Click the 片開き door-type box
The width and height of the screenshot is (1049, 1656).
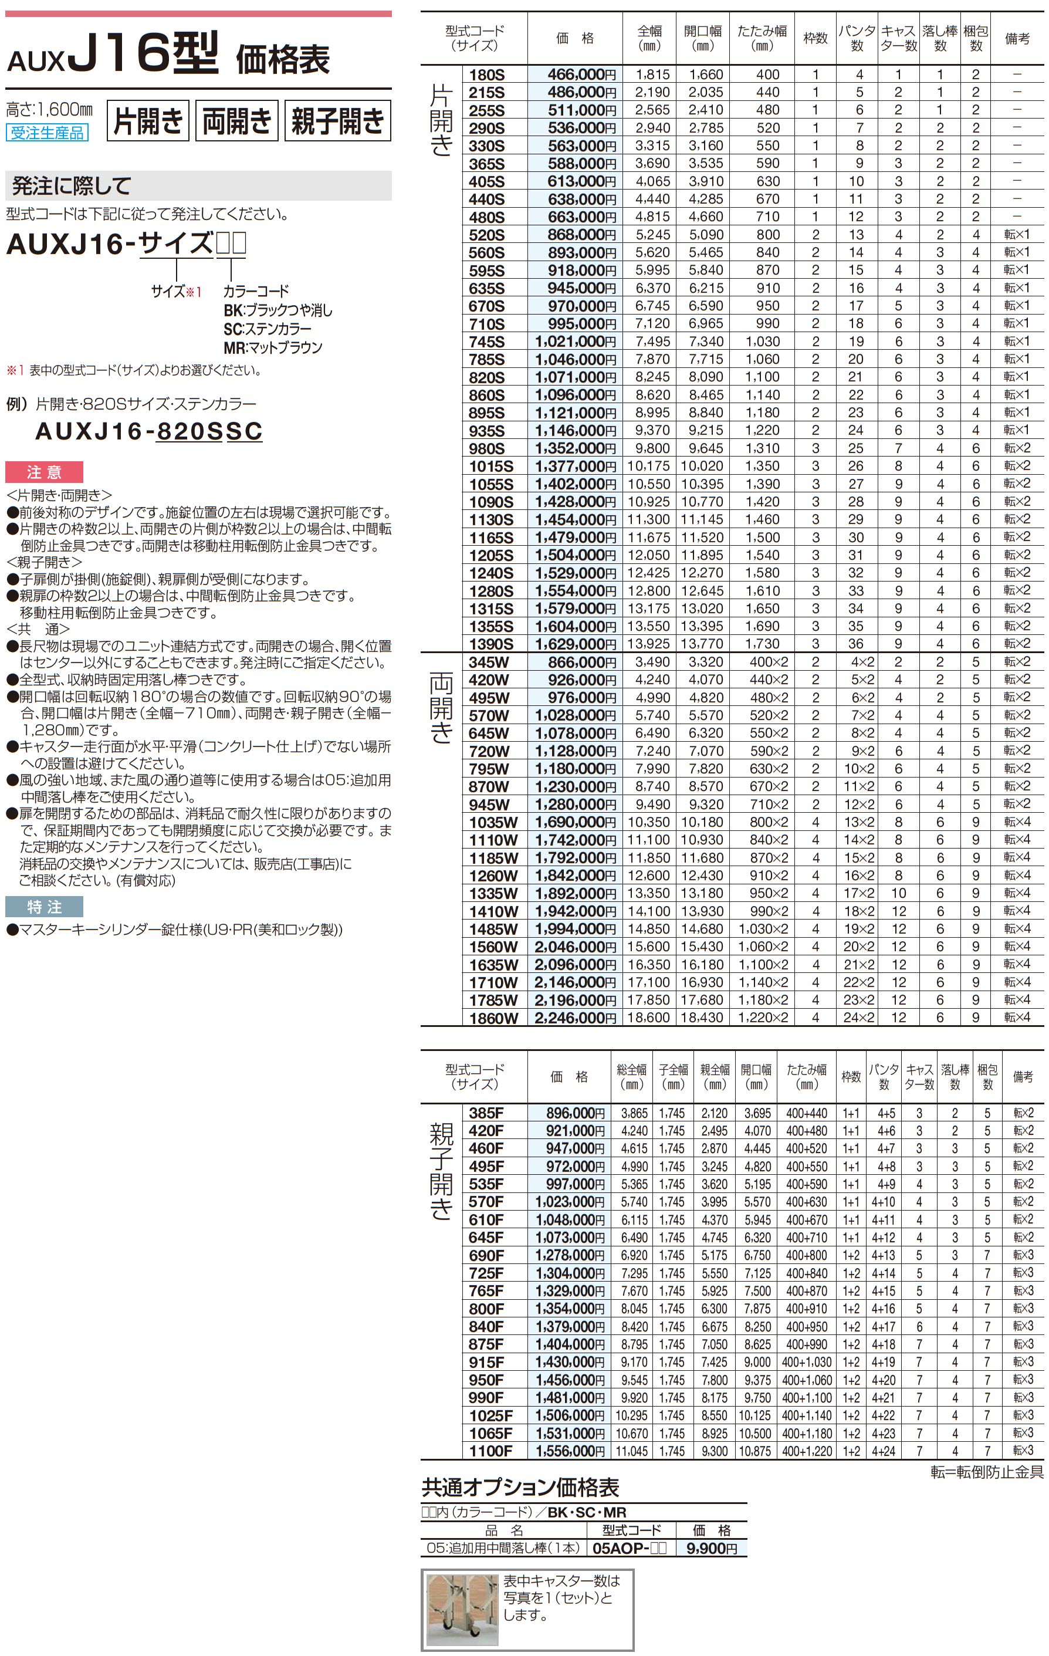click(x=148, y=121)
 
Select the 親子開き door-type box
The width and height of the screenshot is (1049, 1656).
click(x=337, y=121)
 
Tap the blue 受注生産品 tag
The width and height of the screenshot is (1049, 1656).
click(x=47, y=133)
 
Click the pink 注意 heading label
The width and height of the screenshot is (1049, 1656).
click(x=44, y=472)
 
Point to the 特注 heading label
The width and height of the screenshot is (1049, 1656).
click(x=44, y=907)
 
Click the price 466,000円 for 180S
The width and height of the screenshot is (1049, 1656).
click(x=581, y=75)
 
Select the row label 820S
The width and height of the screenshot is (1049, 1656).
click(x=487, y=377)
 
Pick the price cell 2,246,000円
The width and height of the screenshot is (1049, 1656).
click(x=575, y=1018)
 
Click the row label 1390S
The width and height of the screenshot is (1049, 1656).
click(x=491, y=644)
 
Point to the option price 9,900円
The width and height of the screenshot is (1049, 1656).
click(x=711, y=1548)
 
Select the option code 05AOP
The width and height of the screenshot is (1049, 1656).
click(x=629, y=1548)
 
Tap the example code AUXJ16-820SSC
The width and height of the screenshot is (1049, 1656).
click(x=148, y=431)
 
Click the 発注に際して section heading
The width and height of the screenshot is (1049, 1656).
click(x=72, y=185)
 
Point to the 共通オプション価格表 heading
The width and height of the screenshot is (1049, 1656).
click(x=520, y=1488)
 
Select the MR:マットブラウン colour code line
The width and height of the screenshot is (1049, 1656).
click(x=273, y=348)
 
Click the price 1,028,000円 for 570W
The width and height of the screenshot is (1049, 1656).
click(x=575, y=716)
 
